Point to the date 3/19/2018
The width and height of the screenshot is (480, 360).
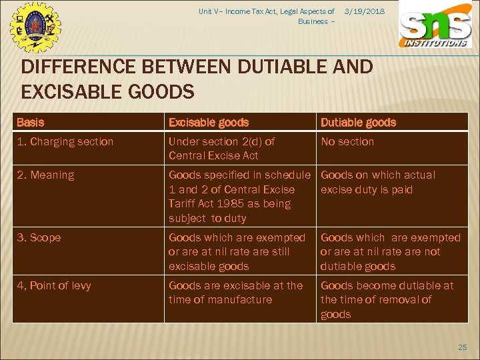[x=365, y=11]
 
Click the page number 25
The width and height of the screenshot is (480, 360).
[x=463, y=347]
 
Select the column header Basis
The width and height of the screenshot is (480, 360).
[x=31, y=122]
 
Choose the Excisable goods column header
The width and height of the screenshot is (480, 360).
[x=209, y=122]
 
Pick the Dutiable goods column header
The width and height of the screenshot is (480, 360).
[x=358, y=122]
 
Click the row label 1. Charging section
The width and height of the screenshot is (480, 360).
[x=65, y=141]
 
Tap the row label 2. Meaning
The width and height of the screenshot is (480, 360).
[x=45, y=175]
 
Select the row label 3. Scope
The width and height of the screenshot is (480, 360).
[x=39, y=237]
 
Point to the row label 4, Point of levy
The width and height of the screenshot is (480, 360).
[x=54, y=285]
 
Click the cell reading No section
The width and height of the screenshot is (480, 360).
[x=347, y=141]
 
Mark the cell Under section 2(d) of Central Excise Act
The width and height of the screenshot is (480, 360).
[x=221, y=148]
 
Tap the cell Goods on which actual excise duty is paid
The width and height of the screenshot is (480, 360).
[x=377, y=182]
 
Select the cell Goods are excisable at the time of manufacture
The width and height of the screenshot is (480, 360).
[x=235, y=292]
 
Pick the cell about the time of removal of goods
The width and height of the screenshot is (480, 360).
[x=387, y=299]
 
